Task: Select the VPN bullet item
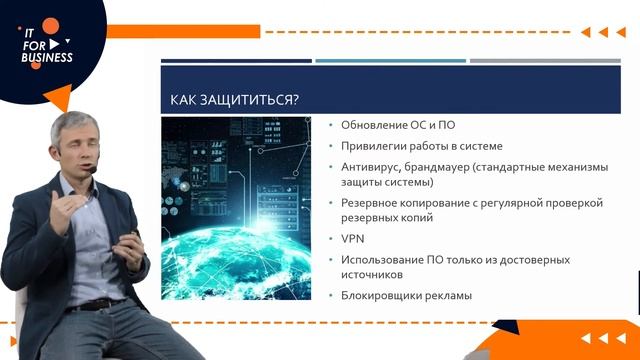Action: [353, 240]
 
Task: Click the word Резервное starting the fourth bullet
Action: [372, 202]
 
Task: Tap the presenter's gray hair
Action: [73, 125]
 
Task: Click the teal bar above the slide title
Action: [390, 61]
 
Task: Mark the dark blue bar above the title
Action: [236, 61]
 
